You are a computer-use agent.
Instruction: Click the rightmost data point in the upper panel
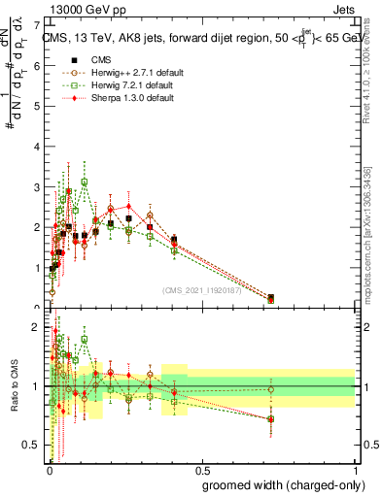click(x=270, y=298)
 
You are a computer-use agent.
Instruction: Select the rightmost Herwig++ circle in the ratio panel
click(x=270, y=390)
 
